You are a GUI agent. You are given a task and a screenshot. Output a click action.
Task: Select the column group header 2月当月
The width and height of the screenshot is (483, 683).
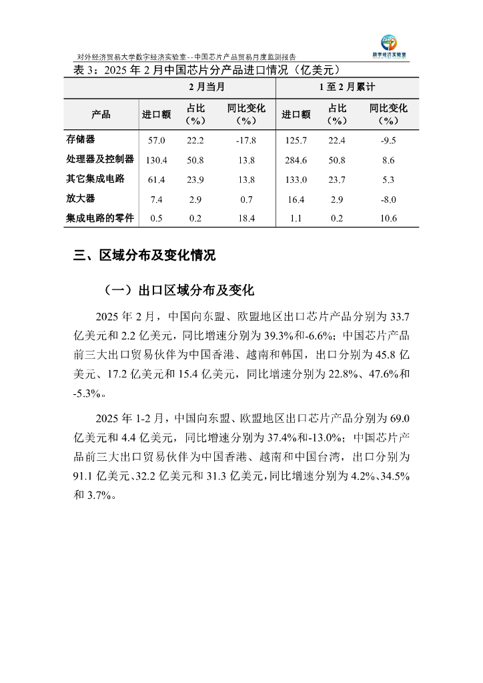click(206, 87)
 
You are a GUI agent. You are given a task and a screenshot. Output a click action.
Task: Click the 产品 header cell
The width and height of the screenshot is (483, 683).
click(101, 114)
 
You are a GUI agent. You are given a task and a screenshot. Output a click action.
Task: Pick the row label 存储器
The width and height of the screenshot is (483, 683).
click(81, 139)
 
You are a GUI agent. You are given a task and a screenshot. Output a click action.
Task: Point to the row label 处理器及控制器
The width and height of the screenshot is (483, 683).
click(100, 159)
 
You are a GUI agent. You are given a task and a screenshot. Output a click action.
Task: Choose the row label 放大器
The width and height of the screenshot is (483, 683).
click(81, 199)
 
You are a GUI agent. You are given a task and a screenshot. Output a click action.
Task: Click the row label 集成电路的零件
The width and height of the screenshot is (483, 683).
click(100, 218)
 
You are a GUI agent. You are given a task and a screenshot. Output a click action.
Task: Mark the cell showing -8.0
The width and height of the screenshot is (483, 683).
click(388, 199)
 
